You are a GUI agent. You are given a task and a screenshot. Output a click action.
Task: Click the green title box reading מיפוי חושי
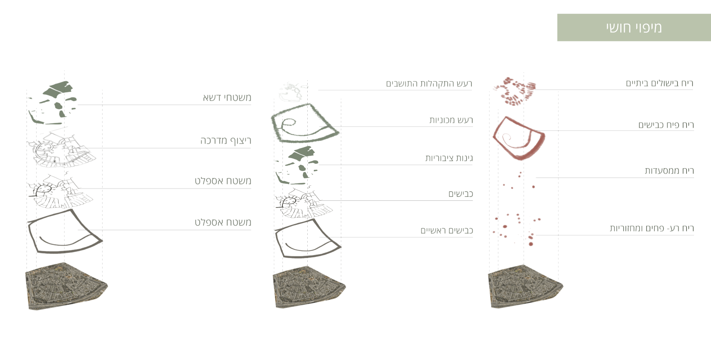pos(633,27)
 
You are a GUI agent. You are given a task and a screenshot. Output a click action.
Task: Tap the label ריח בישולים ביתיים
pos(659,83)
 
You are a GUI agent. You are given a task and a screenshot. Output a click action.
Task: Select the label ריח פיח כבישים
pos(665,125)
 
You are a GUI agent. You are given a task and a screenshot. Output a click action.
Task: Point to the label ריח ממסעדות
pos(669,171)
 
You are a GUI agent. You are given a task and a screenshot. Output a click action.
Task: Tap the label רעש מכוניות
pos(451,120)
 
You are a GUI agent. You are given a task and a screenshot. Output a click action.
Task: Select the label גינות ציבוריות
pos(449,158)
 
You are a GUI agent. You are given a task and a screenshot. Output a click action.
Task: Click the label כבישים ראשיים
pos(446,230)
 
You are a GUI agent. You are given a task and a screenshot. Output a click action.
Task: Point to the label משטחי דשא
pos(227,98)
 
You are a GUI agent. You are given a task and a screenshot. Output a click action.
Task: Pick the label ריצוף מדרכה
pos(225,141)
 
